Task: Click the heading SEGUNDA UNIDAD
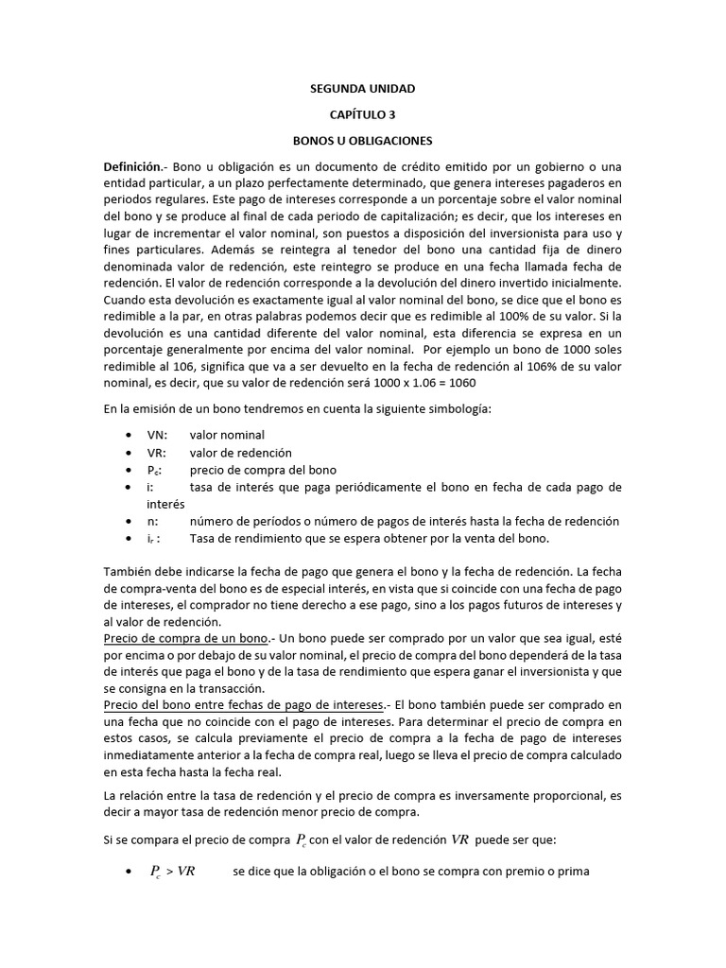click(x=363, y=89)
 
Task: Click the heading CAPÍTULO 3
click(x=363, y=114)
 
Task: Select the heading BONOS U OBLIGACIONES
click(x=363, y=141)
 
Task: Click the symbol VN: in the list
click(x=157, y=435)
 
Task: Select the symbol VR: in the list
click(x=157, y=452)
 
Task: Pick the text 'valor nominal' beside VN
click(x=227, y=435)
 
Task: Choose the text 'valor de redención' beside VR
click(x=241, y=452)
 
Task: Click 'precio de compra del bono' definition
click(x=263, y=470)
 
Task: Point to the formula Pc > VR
click(x=173, y=872)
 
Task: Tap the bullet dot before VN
click(x=129, y=435)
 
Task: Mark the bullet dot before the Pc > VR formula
click(x=129, y=872)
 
